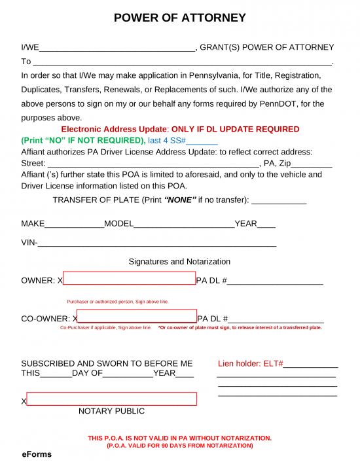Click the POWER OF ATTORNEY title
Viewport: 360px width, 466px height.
point(180,18)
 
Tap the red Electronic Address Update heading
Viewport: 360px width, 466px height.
point(180,130)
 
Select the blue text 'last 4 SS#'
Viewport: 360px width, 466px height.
point(168,141)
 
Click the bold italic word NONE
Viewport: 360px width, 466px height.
point(180,200)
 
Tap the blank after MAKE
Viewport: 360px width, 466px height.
point(74,224)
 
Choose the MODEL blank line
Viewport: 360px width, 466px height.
point(184,224)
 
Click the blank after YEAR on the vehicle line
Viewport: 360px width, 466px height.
point(266,224)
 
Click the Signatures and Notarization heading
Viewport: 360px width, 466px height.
point(179,262)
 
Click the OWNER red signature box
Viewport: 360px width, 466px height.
point(129,279)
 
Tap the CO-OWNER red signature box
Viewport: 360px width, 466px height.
point(137,317)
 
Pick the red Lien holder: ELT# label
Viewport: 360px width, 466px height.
point(250,363)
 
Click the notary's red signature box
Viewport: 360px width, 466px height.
point(111,399)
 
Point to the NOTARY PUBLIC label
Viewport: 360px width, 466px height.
point(111,411)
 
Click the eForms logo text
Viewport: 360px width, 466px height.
point(37,454)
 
